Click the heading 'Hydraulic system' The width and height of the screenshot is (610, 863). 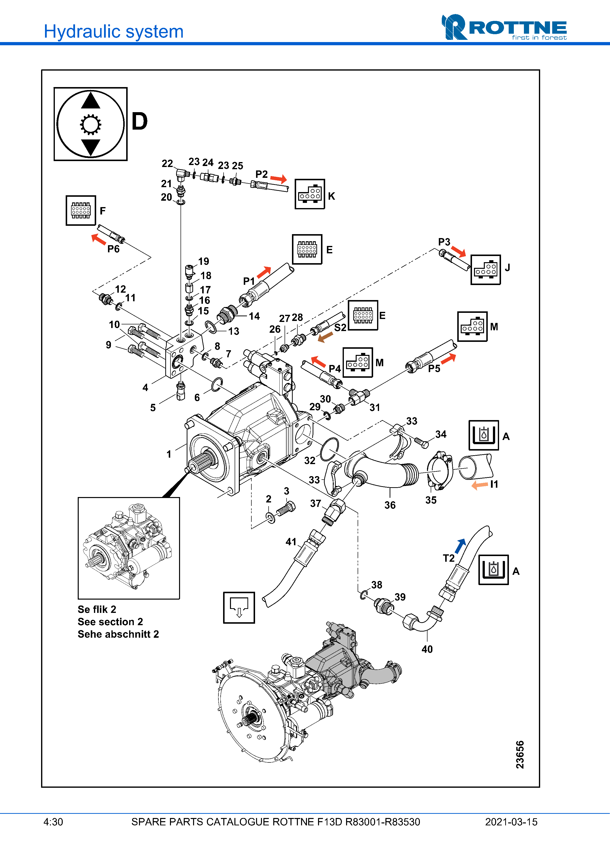tap(113, 31)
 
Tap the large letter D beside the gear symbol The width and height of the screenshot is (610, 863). tap(139, 121)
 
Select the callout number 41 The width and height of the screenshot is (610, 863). tap(291, 542)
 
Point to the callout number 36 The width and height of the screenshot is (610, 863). tap(390, 505)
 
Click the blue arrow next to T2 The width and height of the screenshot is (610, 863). tap(460, 546)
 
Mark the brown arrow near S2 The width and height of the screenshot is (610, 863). tap(325, 337)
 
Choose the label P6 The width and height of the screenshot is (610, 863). tap(113, 249)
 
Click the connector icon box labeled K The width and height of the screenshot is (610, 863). tap(310, 194)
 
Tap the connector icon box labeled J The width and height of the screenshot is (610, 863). tap(486, 270)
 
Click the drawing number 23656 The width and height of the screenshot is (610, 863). tap(520, 755)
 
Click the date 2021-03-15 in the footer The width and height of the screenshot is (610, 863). tap(511, 822)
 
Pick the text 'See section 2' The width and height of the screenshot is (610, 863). tap(110, 622)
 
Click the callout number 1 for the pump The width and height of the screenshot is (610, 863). tap(169, 454)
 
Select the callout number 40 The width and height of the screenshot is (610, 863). tap(427, 649)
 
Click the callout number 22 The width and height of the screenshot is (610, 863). tap(167, 164)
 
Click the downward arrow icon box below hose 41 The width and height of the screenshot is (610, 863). tap(239, 607)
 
